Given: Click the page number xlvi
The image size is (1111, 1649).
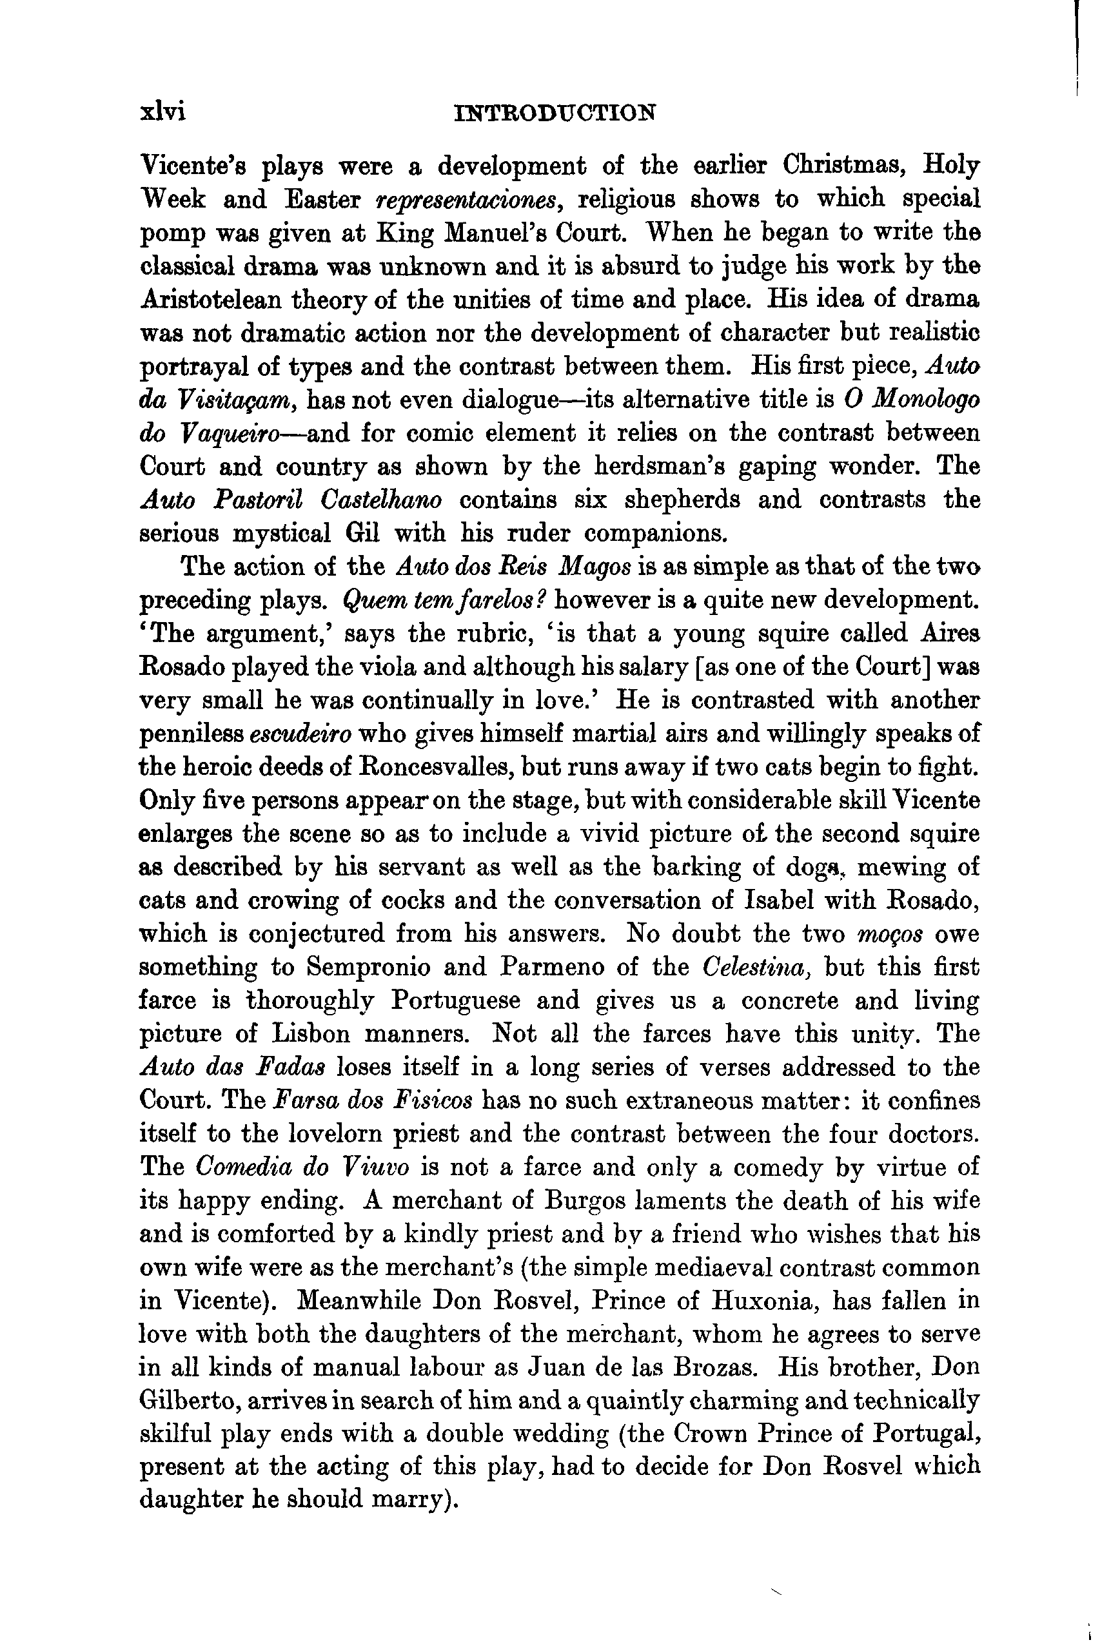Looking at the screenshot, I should pyautogui.click(x=163, y=113).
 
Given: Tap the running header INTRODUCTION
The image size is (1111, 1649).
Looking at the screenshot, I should pyautogui.click(x=554, y=113).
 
